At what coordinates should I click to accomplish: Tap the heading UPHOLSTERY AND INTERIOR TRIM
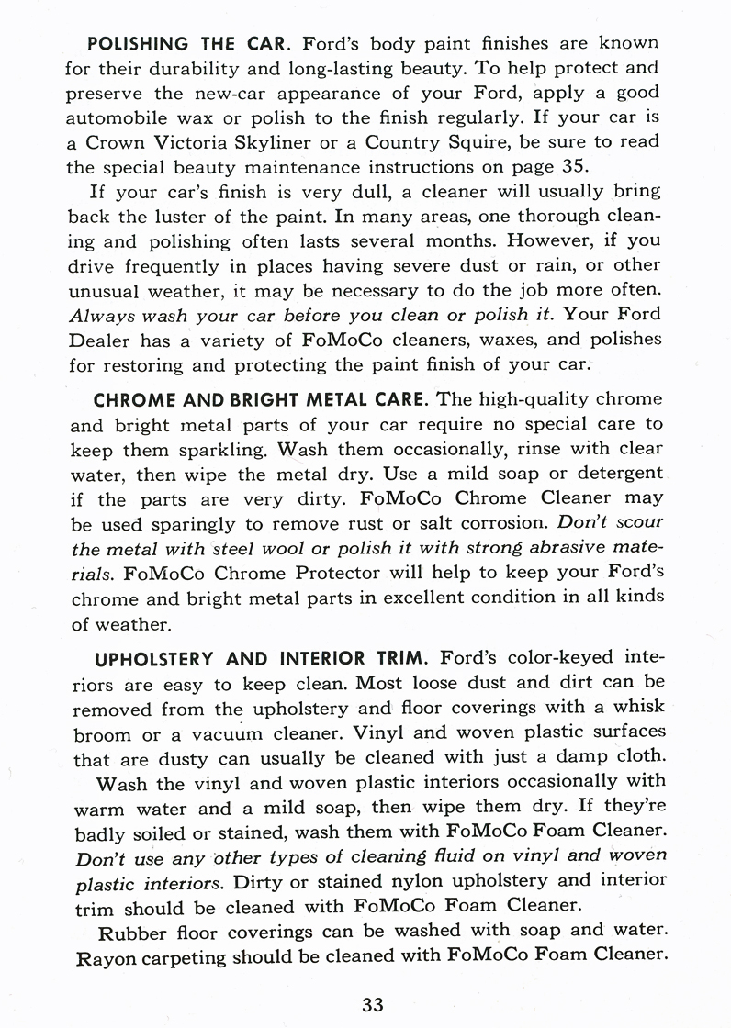(x=263, y=658)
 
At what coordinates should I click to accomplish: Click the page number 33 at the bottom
(x=372, y=1004)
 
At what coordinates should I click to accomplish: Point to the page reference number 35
(x=571, y=169)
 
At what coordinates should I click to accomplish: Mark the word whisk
(x=636, y=709)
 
